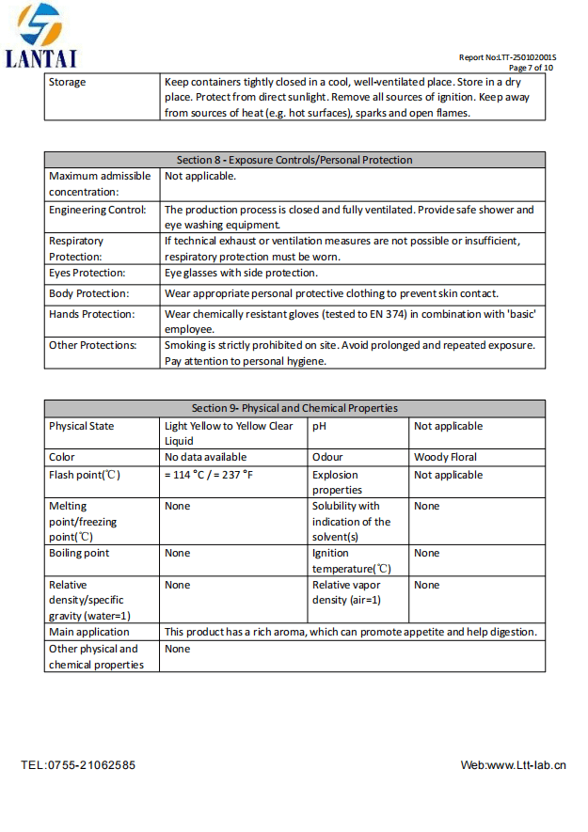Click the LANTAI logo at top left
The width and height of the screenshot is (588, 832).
[41, 35]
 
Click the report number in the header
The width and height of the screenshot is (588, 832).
[507, 57]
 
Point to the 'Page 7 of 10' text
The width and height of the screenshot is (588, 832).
[531, 68]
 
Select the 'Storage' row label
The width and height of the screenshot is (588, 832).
[67, 83]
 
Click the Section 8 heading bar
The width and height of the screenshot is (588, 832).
[294, 160]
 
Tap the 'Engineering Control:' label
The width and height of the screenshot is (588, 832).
[97, 210]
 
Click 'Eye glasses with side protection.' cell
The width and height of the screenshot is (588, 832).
[241, 274]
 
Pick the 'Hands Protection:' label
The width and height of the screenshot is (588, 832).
[91, 314]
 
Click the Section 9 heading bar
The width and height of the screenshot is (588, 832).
[294, 408]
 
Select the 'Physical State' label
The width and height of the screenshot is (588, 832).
[82, 426]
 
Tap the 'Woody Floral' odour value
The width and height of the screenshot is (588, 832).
[445, 457]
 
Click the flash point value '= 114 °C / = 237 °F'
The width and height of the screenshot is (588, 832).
[209, 475]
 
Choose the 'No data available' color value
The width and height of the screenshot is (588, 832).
[205, 457]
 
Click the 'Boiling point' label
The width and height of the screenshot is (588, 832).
[79, 553]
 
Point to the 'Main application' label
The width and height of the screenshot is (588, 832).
[89, 632]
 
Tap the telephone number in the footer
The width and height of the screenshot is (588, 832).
[78, 765]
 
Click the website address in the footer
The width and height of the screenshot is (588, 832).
[513, 765]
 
